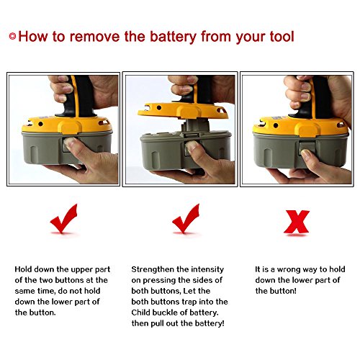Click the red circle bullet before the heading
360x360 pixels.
(x=12, y=36)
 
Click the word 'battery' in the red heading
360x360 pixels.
(x=173, y=37)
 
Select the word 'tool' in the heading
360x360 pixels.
(x=282, y=37)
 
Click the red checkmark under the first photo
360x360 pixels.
(x=63, y=218)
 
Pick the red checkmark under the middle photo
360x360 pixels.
(x=186, y=218)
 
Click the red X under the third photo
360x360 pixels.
(x=297, y=222)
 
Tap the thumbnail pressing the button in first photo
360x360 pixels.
(x=69, y=142)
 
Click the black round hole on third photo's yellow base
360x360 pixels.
(x=276, y=125)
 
